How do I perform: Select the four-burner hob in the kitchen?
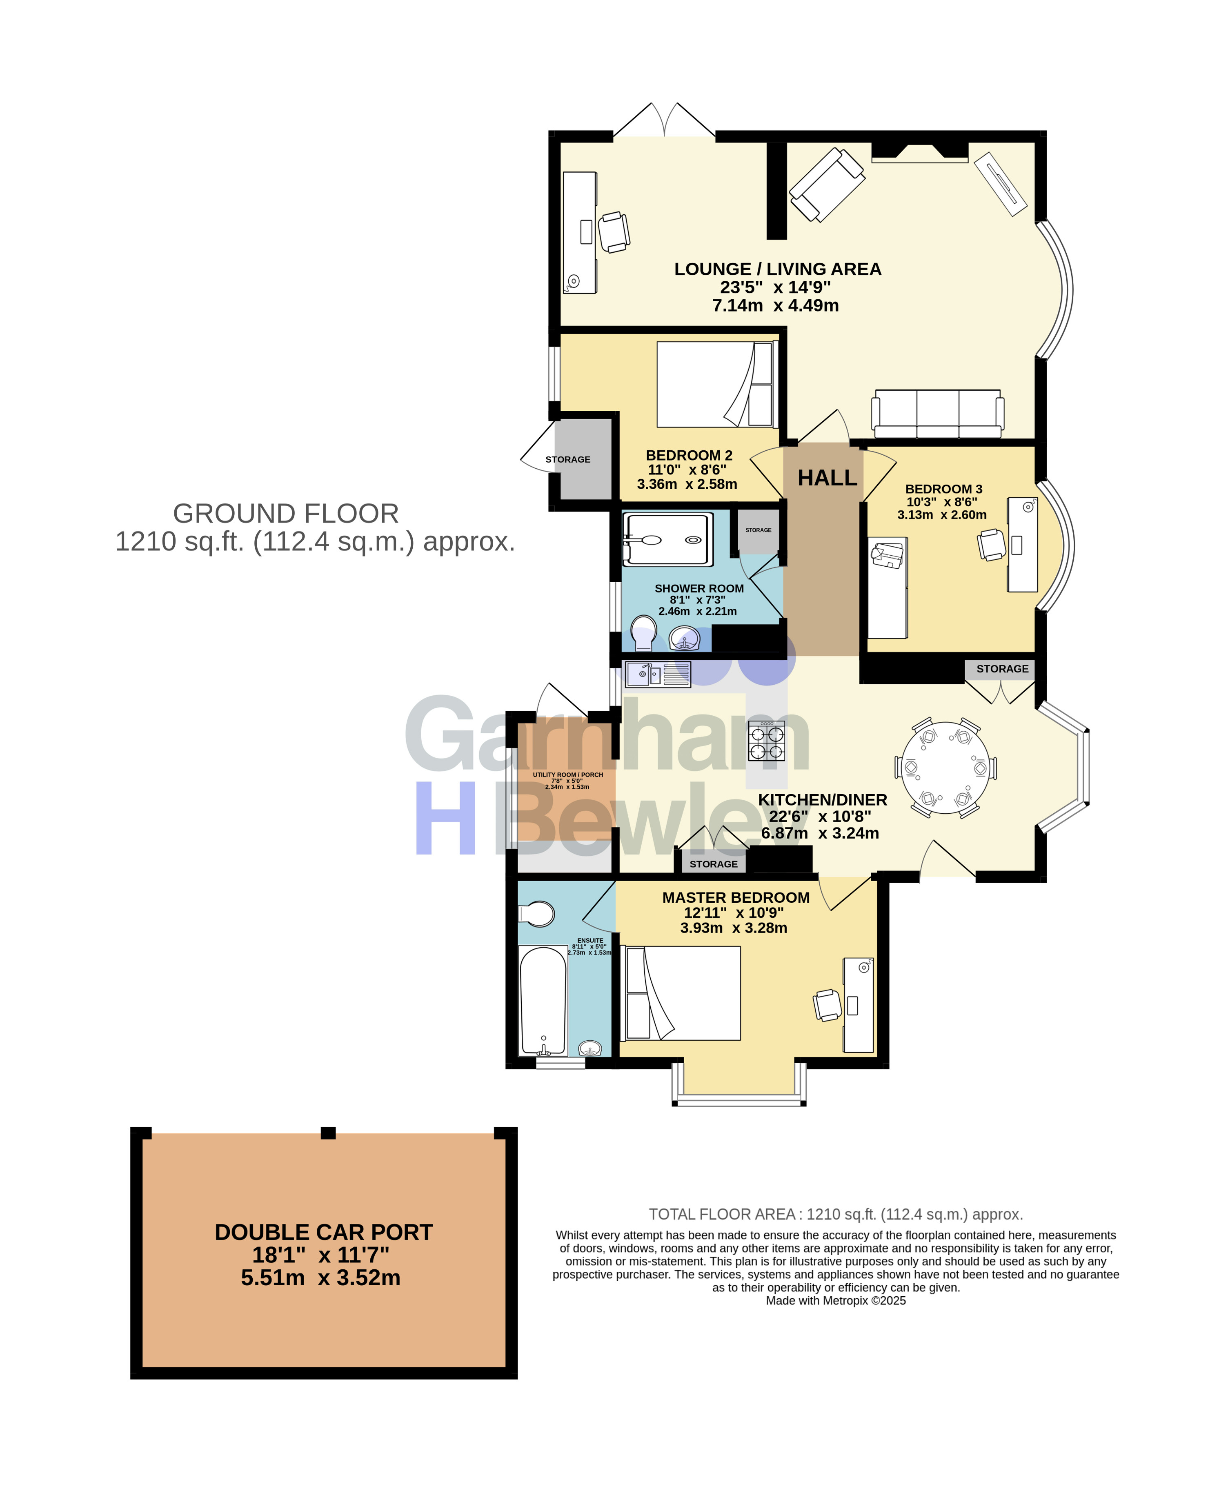pyautogui.click(x=766, y=741)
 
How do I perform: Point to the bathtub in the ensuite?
pyautogui.click(x=543, y=1001)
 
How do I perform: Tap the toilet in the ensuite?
pyautogui.click(x=536, y=914)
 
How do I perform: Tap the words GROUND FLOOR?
pyautogui.click(x=286, y=513)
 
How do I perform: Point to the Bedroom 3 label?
pyautogui.click(x=943, y=489)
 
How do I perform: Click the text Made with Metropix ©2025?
pyautogui.click(x=836, y=1300)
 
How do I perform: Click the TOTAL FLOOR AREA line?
pyautogui.click(x=836, y=1214)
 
